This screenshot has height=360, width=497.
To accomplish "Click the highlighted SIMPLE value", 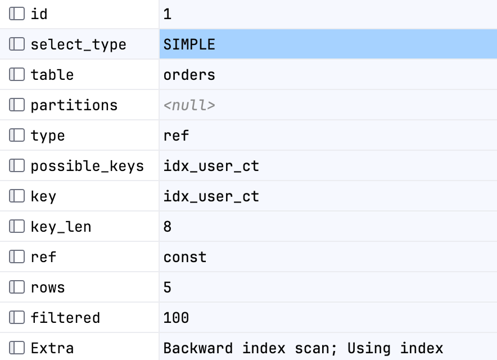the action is click(189, 44).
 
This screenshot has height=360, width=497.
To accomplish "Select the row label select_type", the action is click(78, 45).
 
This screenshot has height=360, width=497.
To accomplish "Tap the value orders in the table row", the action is click(189, 75).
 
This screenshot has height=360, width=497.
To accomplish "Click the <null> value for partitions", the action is click(189, 105).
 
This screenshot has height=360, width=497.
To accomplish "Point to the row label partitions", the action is click(74, 106).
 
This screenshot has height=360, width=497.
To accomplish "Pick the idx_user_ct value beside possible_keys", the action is click(211, 166).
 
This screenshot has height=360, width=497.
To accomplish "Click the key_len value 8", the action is click(168, 227).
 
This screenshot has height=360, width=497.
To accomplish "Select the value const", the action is click(185, 257).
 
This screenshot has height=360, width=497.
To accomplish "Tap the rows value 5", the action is click(168, 287).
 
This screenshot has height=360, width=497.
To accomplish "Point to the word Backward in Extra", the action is click(198, 348).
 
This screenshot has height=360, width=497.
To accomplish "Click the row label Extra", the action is click(52, 348).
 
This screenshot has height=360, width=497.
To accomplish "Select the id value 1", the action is click(168, 14).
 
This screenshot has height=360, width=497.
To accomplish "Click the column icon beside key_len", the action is click(17, 227).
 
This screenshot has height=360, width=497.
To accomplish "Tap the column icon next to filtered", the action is click(17, 317).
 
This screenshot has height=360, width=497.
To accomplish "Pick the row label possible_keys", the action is click(87, 166).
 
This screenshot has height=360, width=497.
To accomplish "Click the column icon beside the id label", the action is click(17, 13).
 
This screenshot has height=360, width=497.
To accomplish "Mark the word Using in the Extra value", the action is click(369, 349).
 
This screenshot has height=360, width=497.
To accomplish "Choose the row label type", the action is click(48, 136).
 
